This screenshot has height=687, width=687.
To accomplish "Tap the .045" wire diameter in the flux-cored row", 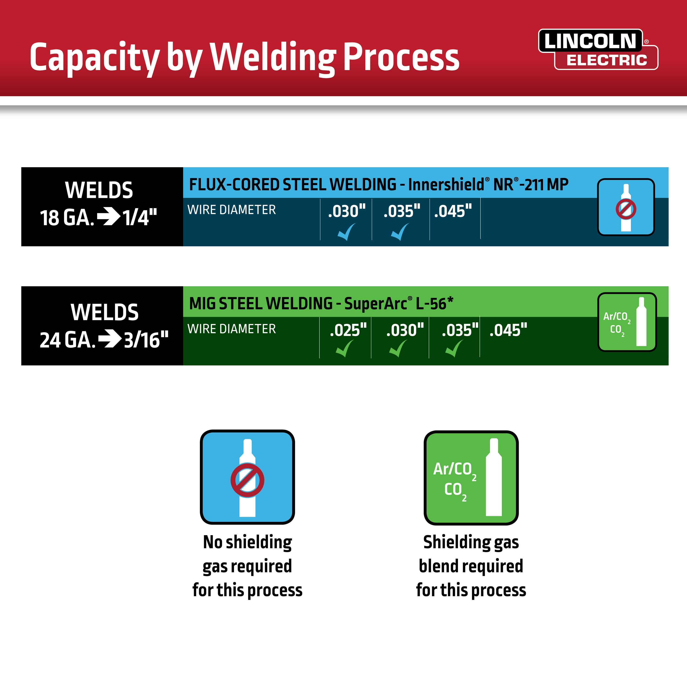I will click(x=453, y=211).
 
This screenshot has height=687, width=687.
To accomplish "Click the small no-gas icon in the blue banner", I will click(x=626, y=207).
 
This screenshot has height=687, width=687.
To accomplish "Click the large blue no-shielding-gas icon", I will click(x=248, y=477).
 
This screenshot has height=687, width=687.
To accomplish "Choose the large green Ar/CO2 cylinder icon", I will click(x=471, y=477).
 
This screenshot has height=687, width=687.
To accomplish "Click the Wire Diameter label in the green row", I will click(x=232, y=329).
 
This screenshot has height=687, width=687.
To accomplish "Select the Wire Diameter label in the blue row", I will click(x=232, y=210).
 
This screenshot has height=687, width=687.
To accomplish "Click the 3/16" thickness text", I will click(x=146, y=340).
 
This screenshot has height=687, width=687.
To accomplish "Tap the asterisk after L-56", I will click(x=450, y=301).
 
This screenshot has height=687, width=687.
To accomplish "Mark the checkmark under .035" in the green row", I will click(x=454, y=349).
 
